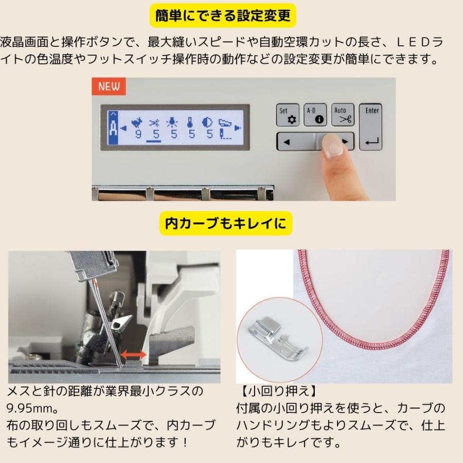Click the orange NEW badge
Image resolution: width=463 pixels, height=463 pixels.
click(x=109, y=86)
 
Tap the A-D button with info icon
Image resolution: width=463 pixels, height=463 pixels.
click(x=314, y=114)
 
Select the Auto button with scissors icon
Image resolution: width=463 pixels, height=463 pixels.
click(x=342, y=114)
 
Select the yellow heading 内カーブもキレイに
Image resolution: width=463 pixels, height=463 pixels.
click(x=226, y=223)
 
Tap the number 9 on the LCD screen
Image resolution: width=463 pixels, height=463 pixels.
click(x=138, y=135)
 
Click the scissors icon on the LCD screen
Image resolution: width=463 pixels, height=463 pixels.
click(x=154, y=123)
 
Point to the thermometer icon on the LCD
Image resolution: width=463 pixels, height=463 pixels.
click(x=191, y=123)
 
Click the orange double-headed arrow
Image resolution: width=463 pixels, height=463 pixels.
click(x=133, y=355)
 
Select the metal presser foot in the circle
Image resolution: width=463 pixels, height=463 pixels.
click(x=278, y=340)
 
